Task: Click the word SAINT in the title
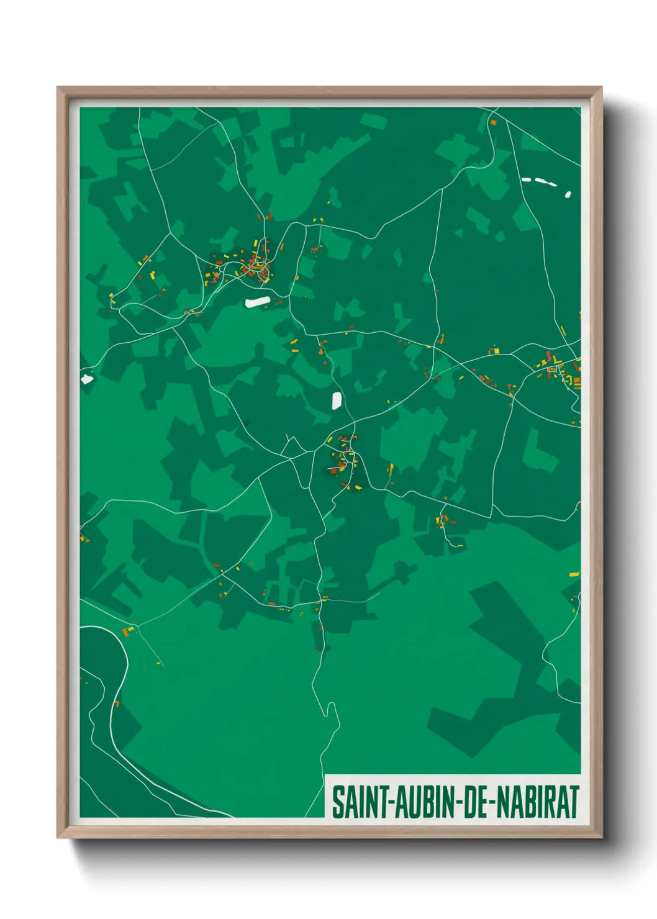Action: [359, 802]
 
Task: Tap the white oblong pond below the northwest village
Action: [258, 302]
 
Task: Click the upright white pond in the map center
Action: [337, 401]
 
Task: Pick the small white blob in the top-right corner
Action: [568, 194]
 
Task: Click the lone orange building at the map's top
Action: [494, 123]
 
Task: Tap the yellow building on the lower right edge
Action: [574, 575]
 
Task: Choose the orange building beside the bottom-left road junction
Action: [129, 632]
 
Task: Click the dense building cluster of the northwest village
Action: [255, 266]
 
